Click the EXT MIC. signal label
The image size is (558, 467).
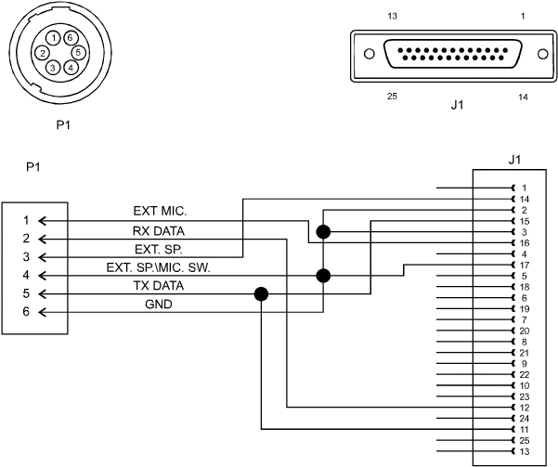(x=160, y=211)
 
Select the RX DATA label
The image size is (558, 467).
(x=159, y=231)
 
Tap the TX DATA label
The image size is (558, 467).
(x=159, y=285)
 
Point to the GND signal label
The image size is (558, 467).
(x=159, y=305)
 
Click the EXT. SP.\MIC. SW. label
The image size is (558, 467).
(x=159, y=267)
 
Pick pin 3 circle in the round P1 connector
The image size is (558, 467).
(x=53, y=67)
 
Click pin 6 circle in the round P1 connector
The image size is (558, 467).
(x=70, y=38)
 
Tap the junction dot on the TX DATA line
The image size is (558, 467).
(x=261, y=294)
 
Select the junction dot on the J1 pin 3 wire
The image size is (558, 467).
(x=323, y=232)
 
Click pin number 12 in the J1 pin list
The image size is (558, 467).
(x=525, y=408)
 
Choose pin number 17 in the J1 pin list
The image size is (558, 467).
(x=525, y=266)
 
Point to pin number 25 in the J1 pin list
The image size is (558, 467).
(x=525, y=441)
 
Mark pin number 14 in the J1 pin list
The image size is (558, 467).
(x=525, y=200)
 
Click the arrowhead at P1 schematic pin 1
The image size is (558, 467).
(x=42, y=221)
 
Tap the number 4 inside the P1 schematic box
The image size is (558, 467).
(x=26, y=275)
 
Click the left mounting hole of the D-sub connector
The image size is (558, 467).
(x=370, y=54)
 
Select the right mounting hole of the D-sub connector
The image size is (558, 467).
(x=543, y=54)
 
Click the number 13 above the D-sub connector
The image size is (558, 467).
(x=392, y=16)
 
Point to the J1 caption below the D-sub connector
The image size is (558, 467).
(x=457, y=105)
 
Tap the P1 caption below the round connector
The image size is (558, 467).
(x=63, y=125)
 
